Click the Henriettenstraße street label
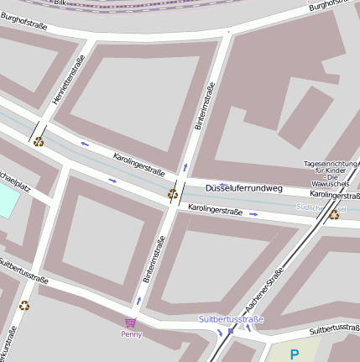point(69,81)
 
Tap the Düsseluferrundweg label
point(244,188)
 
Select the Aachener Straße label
point(263,291)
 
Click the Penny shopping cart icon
point(130,323)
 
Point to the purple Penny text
point(132,334)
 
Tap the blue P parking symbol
point(294,354)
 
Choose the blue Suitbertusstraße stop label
point(232,320)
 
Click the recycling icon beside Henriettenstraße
point(39,141)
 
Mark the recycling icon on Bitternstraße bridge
point(173,194)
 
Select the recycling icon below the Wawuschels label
point(333,214)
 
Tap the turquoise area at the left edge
point(8,199)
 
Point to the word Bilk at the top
point(60,3)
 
